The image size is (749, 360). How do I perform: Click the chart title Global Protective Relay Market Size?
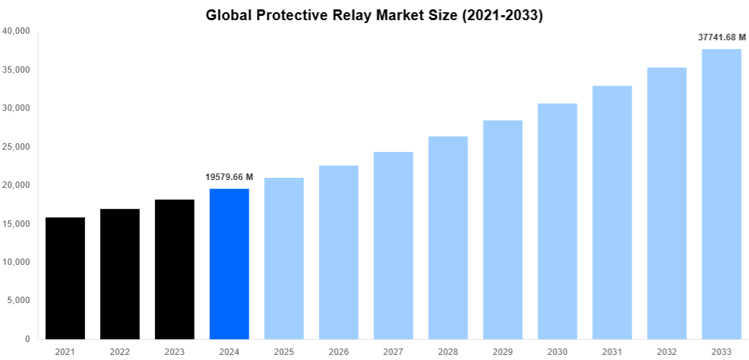[374, 15]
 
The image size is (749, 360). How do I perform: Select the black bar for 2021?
[65, 278]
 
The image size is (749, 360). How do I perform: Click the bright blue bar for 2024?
[229, 264]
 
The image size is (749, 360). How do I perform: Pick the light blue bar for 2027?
[393, 246]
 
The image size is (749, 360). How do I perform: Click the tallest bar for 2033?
[722, 194]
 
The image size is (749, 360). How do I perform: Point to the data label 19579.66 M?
[229, 176]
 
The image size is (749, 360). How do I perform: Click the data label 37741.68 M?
[722, 37]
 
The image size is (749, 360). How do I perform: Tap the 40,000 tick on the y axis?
[16, 31]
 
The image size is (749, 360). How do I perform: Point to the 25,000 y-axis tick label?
[16, 147]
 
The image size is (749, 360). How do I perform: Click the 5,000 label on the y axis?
[18, 300]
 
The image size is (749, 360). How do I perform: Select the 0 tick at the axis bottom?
[27, 339]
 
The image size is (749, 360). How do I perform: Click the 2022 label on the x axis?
[120, 352]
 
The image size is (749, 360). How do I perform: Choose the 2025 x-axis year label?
[284, 352]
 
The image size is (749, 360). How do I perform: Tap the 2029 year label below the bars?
[503, 352]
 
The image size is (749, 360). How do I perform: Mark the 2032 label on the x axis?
[667, 352]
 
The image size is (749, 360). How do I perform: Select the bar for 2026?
[338, 252]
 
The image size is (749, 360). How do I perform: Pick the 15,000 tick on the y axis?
[16, 224]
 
